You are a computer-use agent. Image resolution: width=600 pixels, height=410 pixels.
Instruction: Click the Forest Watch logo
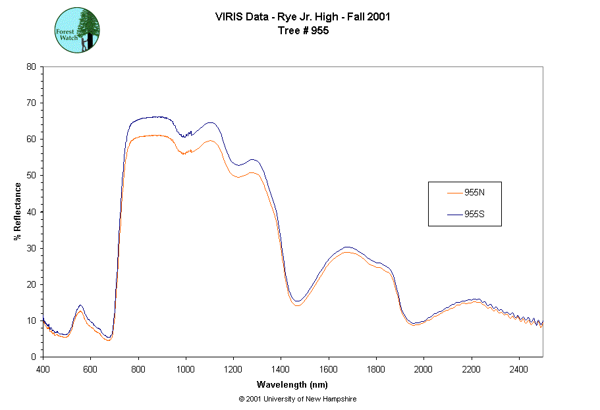(x=77, y=31)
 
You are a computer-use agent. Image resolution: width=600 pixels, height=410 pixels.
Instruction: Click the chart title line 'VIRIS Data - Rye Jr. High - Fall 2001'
(x=303, y=17)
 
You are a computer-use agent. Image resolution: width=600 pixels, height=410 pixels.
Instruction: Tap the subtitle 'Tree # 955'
(x=303, y=30)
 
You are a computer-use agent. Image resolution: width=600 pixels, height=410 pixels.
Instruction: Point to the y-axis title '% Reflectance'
(x=18, y=211)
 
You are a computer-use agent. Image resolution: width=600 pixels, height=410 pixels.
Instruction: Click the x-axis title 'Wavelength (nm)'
(x=292, y=385)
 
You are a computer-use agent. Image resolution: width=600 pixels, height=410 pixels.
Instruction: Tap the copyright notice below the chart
(x=298, y=399)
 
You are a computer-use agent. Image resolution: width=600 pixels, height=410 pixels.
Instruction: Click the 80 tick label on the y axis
(x=31, y=66)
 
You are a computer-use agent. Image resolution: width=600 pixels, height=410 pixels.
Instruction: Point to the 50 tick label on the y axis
(x=31, y=175)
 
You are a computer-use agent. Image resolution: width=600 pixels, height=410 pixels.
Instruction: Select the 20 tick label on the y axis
(x=31, y=284)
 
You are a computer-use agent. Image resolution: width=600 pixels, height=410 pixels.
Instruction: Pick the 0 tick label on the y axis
(x=33, y=357)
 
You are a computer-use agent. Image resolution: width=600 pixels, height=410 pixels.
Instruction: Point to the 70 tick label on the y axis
(x=31, y=103)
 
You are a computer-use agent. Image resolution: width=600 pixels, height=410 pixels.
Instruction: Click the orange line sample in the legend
(x=454, y=193)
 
